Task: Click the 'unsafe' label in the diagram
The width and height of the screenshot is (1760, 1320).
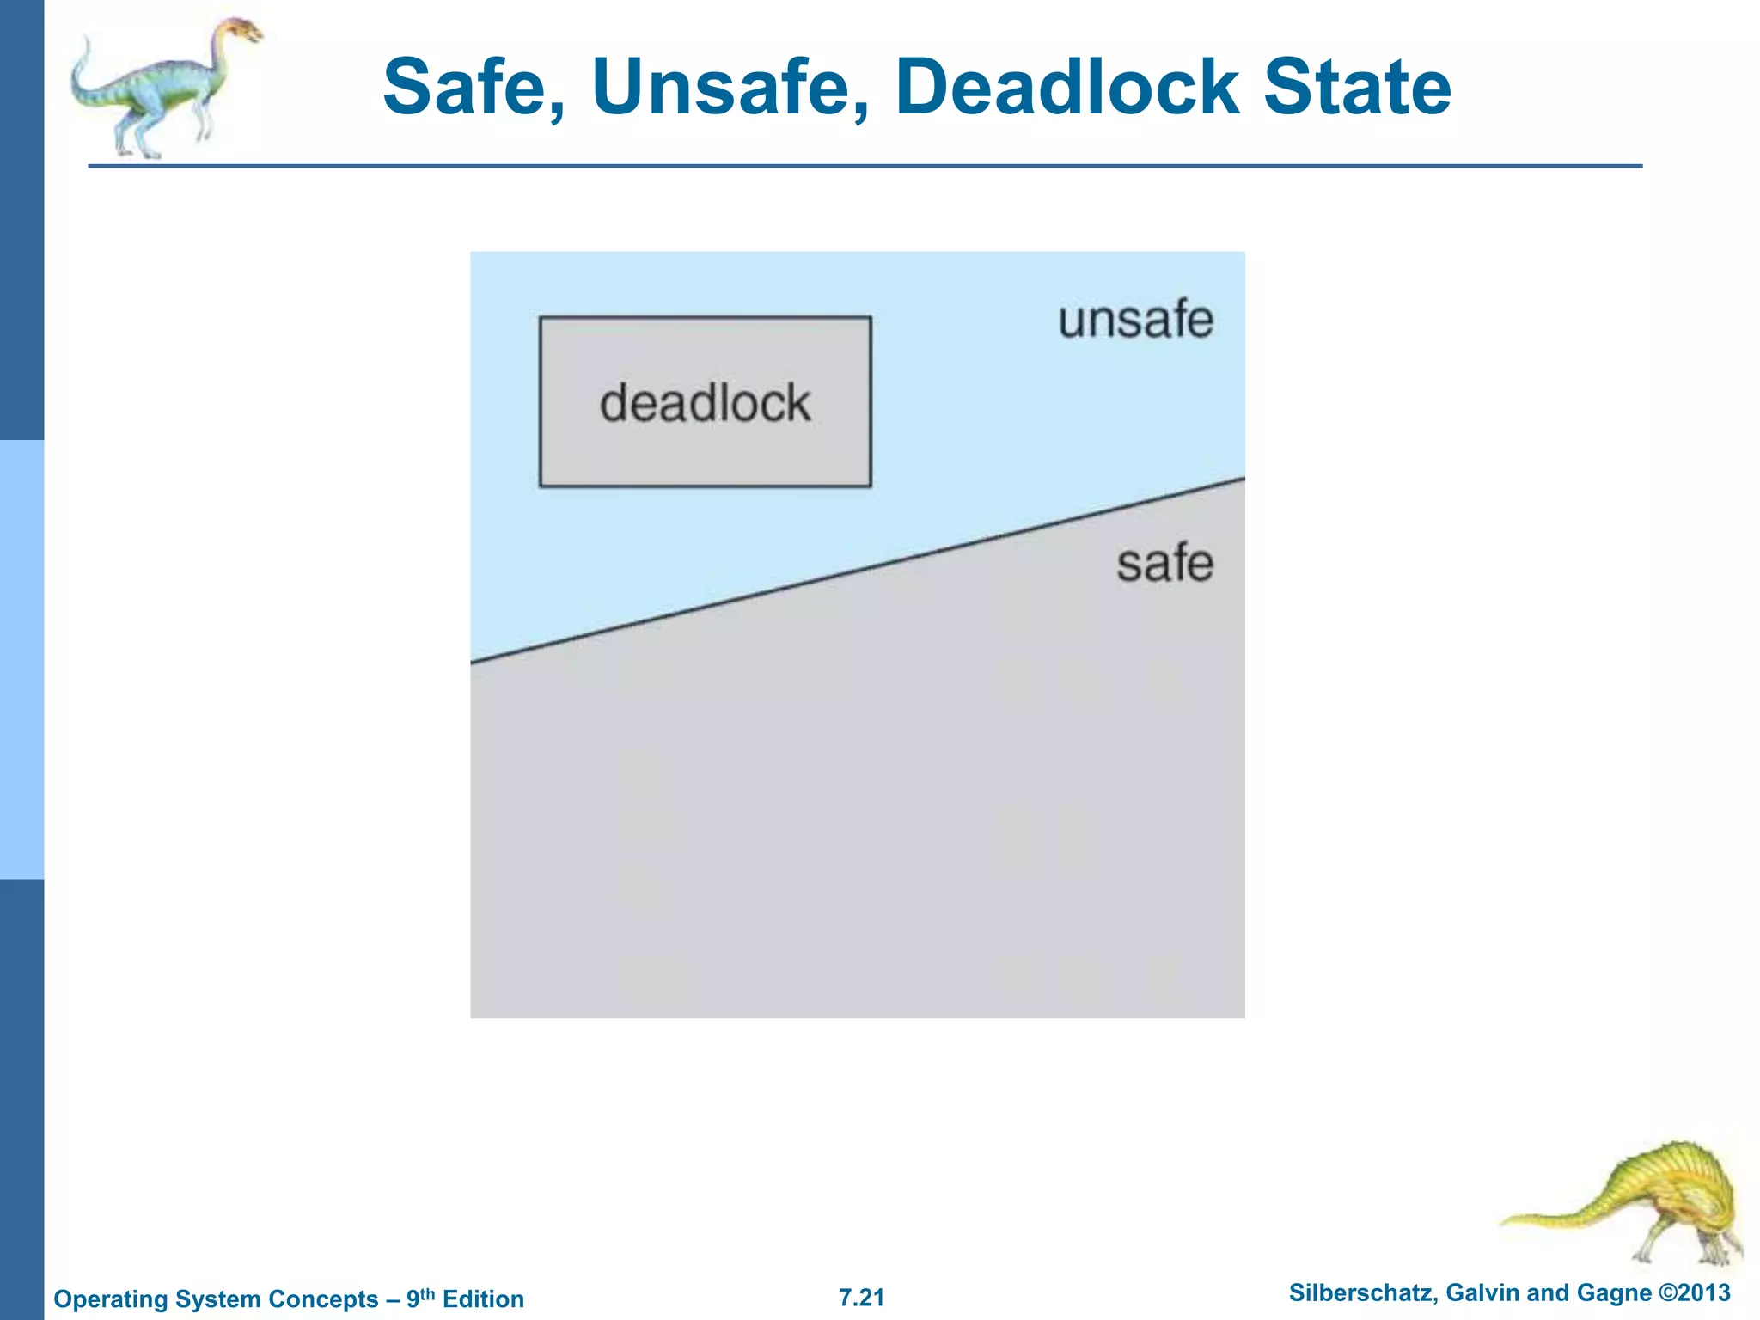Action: click(x=1135, y=321)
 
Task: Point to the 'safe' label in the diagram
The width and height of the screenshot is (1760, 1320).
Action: click(x=1164, y=564)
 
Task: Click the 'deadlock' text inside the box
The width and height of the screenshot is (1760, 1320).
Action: click(x=705, y=403)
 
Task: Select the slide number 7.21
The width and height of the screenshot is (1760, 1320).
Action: click(x=861, y=1298)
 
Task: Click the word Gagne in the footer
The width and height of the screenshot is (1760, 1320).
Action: click(x=1616, y=1293)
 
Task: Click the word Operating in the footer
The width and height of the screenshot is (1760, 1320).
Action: click(x=107, y=1299)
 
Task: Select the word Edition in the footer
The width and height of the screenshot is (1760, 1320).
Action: click(x=483, y=1299)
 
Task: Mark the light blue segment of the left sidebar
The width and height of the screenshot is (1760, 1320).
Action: click(x=21, y=659)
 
